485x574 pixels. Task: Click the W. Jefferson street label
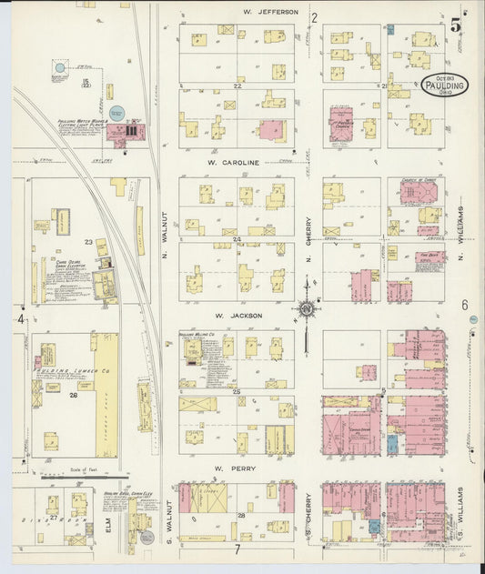(270, 12)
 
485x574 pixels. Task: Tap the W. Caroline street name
(234, 163)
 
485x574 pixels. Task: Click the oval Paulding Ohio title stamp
(445, 84)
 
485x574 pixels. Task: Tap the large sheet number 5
(454, 25)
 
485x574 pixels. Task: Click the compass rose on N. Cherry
(308, 309)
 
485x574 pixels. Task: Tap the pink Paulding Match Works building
(126, 132)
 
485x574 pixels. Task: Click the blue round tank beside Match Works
(116, 113)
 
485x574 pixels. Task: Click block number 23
(89, 242)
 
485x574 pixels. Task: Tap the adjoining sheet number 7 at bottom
(236, 549)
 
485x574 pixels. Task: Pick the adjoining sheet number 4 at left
(20, 318)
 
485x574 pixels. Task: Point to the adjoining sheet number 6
(464, 306)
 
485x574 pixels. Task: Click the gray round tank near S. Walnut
(147, 537)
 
